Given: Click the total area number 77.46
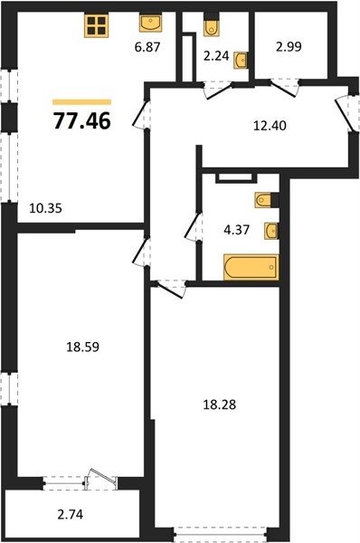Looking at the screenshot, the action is (82, 121).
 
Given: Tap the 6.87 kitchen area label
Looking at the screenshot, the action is (147, 46).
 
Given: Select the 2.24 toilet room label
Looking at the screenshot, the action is (216, 56).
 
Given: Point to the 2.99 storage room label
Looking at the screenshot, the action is (289, 46).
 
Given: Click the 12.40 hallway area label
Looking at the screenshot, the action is (270, 126).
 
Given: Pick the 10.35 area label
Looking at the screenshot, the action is (46, 208).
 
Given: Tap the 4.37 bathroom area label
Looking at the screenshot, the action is (237, 230).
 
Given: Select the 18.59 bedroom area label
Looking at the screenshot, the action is (82, 347).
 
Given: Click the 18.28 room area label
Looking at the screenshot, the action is (220, 405).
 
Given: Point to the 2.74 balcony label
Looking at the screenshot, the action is (71, 514).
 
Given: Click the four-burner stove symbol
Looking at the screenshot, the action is (97, 25).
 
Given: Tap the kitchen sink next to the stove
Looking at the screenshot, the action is (150, 23).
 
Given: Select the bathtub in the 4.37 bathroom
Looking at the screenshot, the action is (251, 267).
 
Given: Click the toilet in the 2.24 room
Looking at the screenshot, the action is (211, 24).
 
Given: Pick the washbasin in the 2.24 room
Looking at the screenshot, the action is (241, 61).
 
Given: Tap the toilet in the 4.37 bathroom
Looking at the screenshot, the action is (267, 200).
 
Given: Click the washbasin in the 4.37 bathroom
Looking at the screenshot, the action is (271, 231).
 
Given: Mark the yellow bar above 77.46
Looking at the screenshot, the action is (82, 101).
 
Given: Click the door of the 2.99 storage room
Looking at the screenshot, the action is (285, 89).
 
